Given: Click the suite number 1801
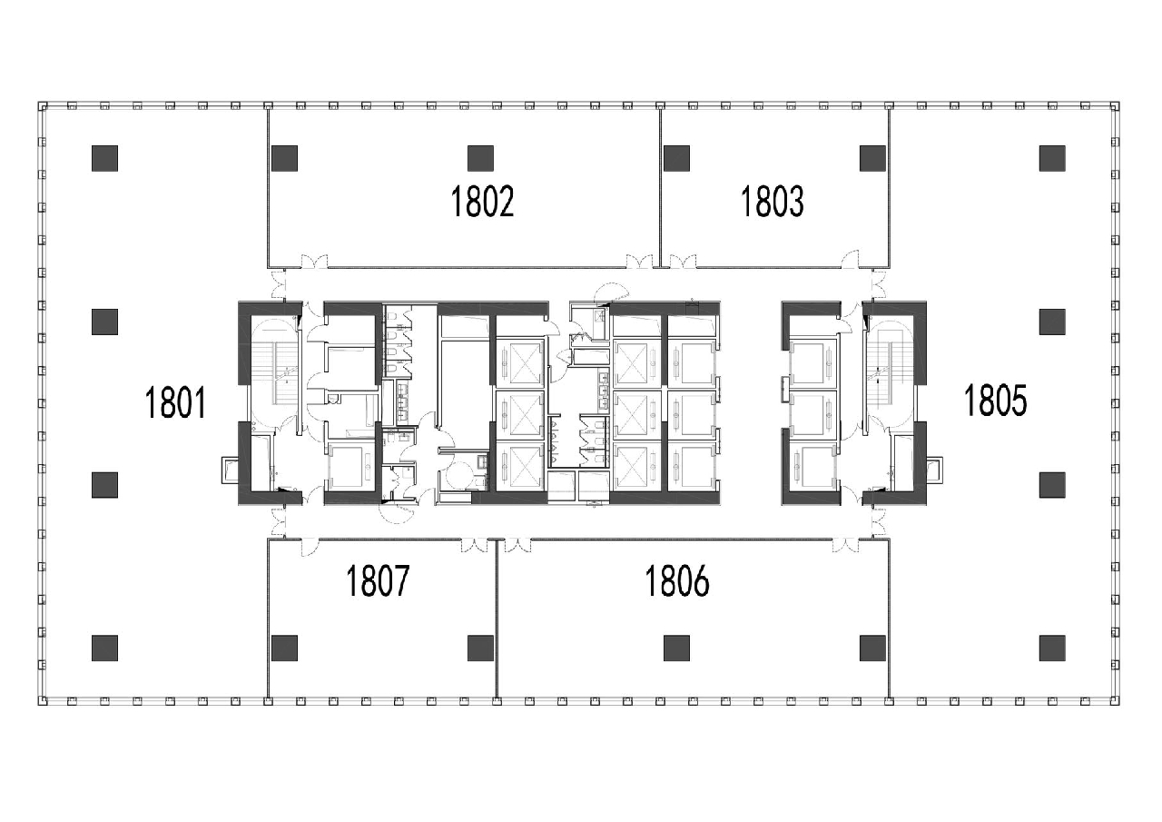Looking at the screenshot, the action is (x=176, y=402).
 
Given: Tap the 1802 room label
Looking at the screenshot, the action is (x=482, y=202).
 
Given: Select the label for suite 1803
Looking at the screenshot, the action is (x=773, y=202).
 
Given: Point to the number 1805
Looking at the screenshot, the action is (x=996, y=401).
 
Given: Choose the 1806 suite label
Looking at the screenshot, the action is (x=677, y=581).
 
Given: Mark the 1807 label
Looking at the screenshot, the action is (x=378, y=581).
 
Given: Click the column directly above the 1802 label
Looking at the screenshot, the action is (x=480, y=158).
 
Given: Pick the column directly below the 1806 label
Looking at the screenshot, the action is (x=677, y=649).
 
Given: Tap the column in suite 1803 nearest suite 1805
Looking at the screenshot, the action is (x=872, y=158).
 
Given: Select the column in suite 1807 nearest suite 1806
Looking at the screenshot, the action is (x=480, y=649).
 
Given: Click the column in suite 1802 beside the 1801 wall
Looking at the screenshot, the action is (x=285, y=158).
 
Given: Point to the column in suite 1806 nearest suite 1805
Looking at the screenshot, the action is (x=872, y=649).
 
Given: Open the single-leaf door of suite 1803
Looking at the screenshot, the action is (x=851, y=260).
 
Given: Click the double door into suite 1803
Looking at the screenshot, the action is (x=683, y=261).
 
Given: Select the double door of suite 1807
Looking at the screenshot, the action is (x=475, y=545).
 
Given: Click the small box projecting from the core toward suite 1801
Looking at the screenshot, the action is (x=230, y=470).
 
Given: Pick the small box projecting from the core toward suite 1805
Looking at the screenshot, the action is (x=935, y=470).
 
